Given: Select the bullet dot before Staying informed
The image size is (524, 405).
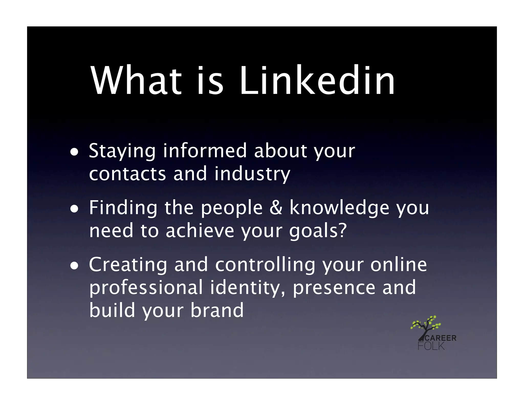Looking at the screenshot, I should coord(74,153).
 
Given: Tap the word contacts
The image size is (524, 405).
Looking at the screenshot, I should coord(127,174).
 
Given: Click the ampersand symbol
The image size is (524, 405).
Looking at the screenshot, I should coord(276,208).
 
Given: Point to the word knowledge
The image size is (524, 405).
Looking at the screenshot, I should coord(339,208).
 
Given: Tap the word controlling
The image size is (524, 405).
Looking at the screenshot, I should coord(265,265).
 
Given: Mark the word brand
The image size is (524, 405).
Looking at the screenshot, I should coord(217,310).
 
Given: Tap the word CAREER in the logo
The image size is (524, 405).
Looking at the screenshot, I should coord(440,338).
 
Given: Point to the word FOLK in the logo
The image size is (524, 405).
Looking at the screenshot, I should coord(431,346).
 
